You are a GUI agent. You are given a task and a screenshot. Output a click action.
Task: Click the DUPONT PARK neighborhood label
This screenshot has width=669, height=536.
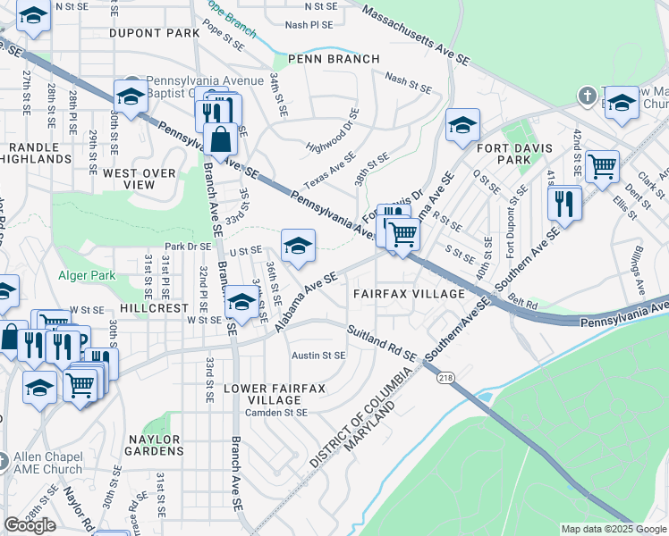[x=154, y=33]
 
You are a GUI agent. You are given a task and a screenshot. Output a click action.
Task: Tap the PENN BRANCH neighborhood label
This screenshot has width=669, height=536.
[x=333, y=59]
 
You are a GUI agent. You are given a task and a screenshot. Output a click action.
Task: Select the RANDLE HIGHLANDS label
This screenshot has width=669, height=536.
[x=38, y=152]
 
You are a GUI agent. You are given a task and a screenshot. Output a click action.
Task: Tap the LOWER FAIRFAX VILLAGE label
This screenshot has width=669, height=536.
[x=275, y=394]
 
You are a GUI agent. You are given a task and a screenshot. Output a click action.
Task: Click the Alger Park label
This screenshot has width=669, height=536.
[x=87, y=276]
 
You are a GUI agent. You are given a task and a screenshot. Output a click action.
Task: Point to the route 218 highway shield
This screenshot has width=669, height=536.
[x=445, y=378]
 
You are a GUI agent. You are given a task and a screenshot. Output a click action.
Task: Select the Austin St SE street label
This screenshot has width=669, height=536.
[x=318, y=356]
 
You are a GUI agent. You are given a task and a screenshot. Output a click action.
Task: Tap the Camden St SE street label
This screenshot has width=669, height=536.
[x=277, y=413]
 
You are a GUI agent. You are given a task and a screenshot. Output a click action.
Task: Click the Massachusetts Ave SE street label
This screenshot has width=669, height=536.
[x=417, y=34]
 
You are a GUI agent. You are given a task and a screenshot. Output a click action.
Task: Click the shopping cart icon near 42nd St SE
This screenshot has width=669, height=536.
[x=602, y=166]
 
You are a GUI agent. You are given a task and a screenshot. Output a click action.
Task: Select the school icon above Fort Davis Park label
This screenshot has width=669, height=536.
[x=462, y=126]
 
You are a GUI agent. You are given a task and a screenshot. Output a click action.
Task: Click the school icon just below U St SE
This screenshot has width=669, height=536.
[x=298, y=245]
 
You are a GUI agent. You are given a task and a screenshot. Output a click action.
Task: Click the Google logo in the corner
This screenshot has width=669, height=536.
[x=30, y=525]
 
